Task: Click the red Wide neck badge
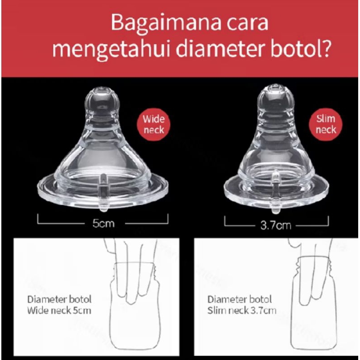click(x=153, y=125)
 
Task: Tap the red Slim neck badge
click(x=325, y=124)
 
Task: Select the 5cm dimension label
click(x=103, y=223)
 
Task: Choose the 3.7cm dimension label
click(x=276, y=225)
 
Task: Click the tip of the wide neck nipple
click(x=103, y=88)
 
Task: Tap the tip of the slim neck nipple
click(x=275, y=85)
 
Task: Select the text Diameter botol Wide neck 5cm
click(x=59, y=305)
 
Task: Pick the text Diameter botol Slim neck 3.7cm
click(x=242, y=305)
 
